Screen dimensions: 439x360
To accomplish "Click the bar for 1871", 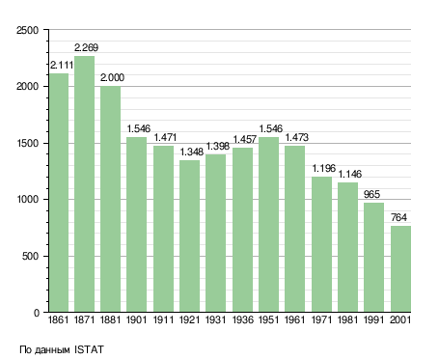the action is pyautogui.click(x=84, y=184).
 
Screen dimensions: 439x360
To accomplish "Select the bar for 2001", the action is pyautogui.click(x=400, y=269).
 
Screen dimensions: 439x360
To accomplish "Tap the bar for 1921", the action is pyautogui.click(x=189, y=236).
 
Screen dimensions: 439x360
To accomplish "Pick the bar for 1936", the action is pyautogui.click(x=242, y=230).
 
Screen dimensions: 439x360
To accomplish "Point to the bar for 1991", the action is pyautogui.click(x=373, y=258).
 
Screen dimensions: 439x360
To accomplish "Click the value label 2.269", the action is pyautogui.click(x=86, y=47).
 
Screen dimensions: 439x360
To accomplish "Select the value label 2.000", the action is pyautogui.click(x=112, y=77).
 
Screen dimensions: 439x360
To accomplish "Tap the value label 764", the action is pyautogui.click(x=398, y=217).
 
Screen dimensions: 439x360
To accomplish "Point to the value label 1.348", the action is pyautogui.click(x=192, y=152).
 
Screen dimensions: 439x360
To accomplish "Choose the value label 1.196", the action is pyautogui.click(x=324, y=168).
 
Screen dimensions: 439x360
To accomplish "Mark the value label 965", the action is pyautogui.click(x=371, y=194).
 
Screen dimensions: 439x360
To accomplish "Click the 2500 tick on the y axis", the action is pyautogui.click(x=27, y=30).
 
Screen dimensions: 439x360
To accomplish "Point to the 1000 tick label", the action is pyautogui.click(x=27, y=200).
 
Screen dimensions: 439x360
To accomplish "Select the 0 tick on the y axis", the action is pyautogui.click(x=37, y=313).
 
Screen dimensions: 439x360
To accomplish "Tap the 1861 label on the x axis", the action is pyautogui.click(x=58, y=319).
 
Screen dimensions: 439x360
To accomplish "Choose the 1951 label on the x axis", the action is pyautogui.click(x=269, y=319).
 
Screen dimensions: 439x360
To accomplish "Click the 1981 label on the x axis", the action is pyautogui.click(x=348, y=319).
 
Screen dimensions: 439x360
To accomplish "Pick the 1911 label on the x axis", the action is pyautogui.click(x=163, y=319).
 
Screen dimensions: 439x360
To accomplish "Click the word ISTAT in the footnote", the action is pyautogui.click(x=89, y=349).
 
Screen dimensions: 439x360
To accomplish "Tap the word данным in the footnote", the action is pyautogui.click(x=52, y=350).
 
